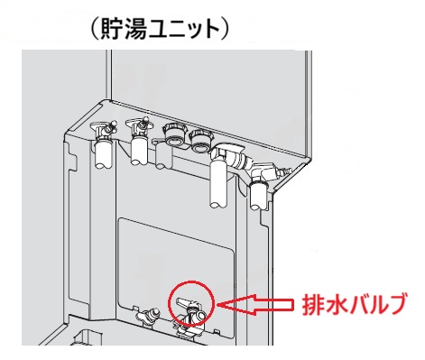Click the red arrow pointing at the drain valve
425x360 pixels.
[255, 304]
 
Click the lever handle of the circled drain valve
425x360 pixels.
[184, 302]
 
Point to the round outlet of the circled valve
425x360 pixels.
[200, 315]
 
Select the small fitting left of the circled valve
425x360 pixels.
[147, 317]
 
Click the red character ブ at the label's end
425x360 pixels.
[397, 304]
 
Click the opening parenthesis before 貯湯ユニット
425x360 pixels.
[94, 30]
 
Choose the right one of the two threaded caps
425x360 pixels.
[199, 140]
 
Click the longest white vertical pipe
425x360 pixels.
[217, 184]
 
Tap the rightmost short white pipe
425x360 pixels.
[258, 196]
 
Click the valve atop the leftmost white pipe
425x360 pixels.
[104, 128]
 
